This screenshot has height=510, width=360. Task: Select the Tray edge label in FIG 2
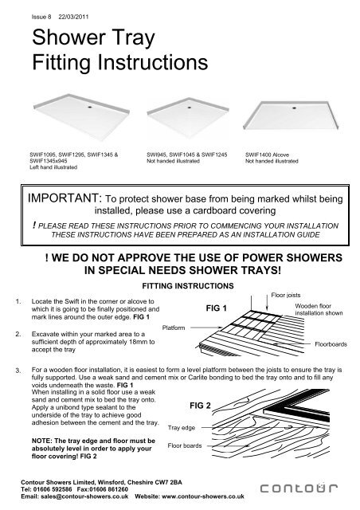tap(184, 427)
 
